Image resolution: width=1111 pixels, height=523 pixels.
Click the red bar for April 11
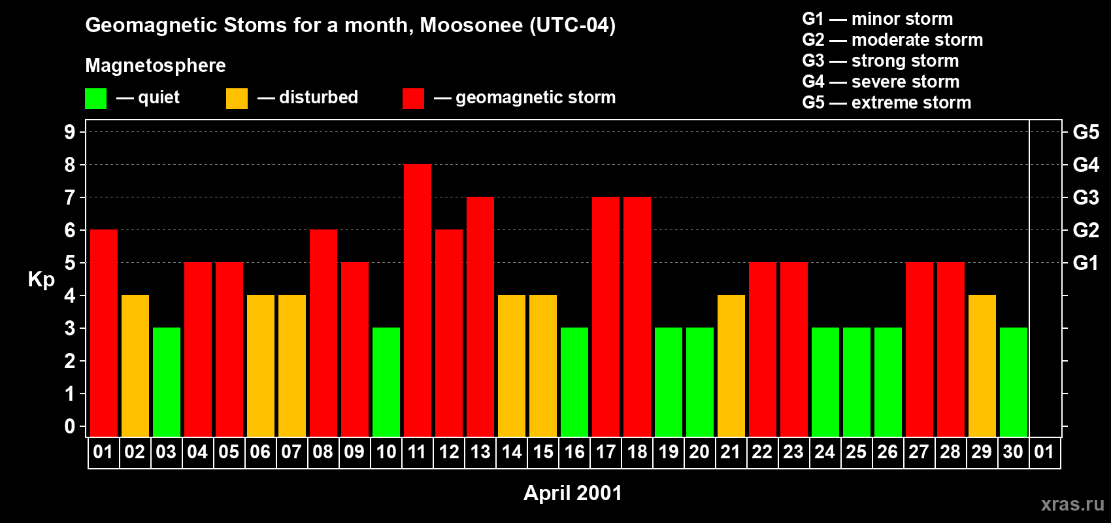click(417, 300)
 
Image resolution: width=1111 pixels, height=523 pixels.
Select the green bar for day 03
click(166, 382)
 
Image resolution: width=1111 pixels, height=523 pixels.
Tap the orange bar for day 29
click(982, 365)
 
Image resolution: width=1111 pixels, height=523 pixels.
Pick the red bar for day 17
click(605, 316)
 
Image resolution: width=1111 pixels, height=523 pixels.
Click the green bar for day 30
click(1013, 382)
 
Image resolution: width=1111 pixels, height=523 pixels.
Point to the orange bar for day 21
click(731, 365)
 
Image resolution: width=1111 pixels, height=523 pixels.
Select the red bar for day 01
click(103, 333)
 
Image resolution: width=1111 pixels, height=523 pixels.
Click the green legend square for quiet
click(95, 99)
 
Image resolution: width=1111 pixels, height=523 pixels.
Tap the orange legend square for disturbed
click(237, 99)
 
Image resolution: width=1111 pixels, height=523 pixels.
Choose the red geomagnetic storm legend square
click(413, 99)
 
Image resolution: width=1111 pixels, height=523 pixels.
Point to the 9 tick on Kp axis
click(70, 132)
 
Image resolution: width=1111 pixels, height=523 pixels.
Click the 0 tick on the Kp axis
click(70, 426)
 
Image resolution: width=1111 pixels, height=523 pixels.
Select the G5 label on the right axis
click(1086, 132)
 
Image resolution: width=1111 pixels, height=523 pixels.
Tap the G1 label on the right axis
click(1086, 263)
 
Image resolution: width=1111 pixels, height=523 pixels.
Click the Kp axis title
click(41, 279)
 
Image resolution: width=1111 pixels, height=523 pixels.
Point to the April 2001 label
click(572, 493)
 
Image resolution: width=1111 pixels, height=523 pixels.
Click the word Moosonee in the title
click(471, 25)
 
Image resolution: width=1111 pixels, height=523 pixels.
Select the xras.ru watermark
click(1072, 504)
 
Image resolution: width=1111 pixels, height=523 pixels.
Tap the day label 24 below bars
click(825, 452)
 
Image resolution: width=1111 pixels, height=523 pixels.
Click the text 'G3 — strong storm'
click(880, 61)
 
